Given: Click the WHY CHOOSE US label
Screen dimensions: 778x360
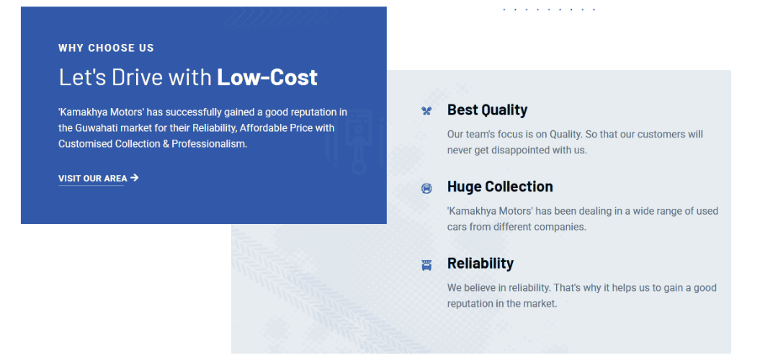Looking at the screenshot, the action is [106, 48].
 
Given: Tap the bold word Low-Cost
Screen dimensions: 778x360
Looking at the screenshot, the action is [267, 77].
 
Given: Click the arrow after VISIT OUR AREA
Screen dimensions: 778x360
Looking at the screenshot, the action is [135, 178].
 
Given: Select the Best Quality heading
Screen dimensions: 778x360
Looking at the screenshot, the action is [487, 109].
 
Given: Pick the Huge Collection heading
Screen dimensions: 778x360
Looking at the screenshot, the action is [500, 186].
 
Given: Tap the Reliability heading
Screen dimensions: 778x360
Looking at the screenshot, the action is [480, 264].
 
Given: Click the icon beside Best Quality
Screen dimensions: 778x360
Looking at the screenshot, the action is [426, 111].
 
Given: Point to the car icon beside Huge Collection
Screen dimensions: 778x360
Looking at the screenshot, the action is [426, 188].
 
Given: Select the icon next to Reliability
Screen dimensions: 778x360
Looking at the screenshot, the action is [426, 265].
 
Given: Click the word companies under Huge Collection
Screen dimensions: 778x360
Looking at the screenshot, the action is [562, 227].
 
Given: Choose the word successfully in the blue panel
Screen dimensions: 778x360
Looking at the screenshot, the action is [192, 112].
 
